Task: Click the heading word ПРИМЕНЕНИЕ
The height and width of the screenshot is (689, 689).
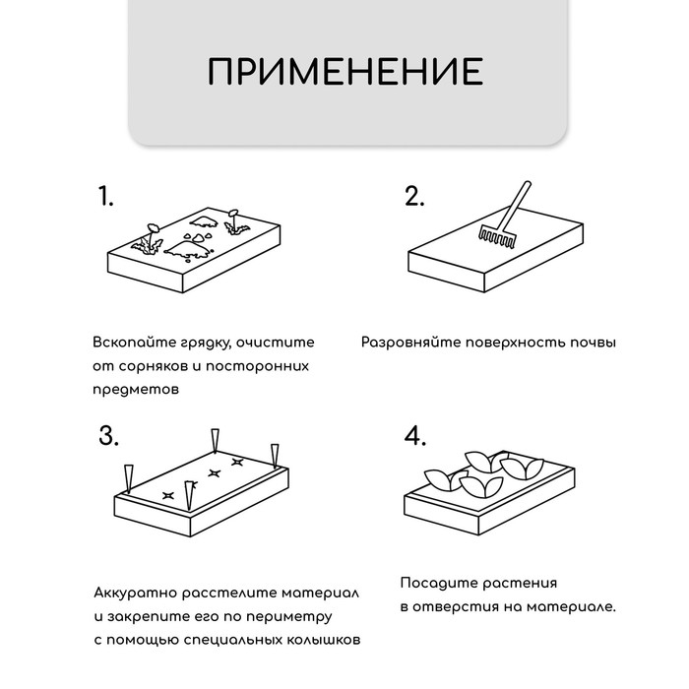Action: pos(344,73)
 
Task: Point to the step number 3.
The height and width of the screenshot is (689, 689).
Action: pos(108,437)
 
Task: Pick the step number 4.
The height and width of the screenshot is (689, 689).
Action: pos(415,437)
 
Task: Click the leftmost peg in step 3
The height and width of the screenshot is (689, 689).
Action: pos(126,478)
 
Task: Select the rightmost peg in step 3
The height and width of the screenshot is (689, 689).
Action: pos(275,455)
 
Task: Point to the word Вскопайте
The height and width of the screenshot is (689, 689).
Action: pos(129,344)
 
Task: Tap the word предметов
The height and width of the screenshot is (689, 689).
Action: pos(136,390)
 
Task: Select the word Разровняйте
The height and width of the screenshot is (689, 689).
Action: pos(407,344)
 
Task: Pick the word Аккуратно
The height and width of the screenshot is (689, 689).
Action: pos(136,594)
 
